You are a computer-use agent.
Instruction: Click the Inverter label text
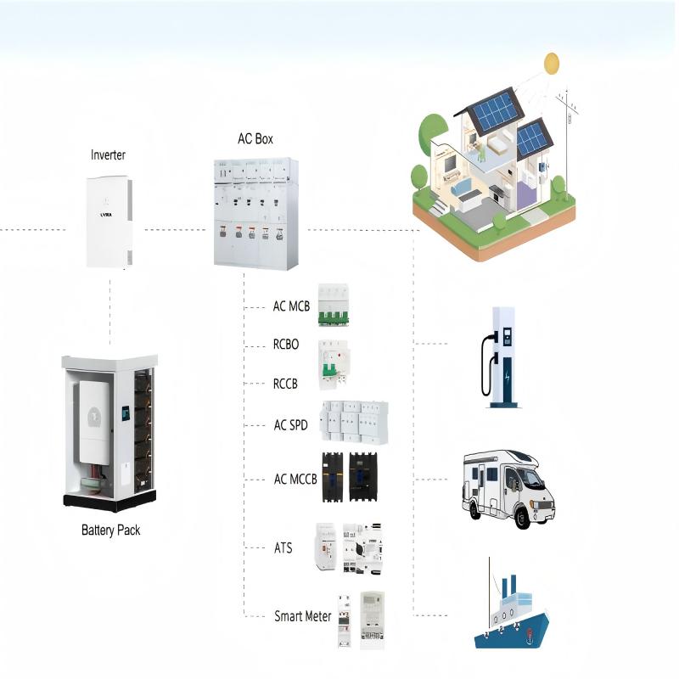(108, 155)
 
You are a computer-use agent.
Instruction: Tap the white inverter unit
(110, 222)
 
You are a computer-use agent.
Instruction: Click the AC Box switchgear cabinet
(255, 213)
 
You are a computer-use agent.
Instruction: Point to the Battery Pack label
(110, 530)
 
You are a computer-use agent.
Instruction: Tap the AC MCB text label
(291, 306)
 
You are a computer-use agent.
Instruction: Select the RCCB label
(285, 384)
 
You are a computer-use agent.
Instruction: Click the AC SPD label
(290, 424)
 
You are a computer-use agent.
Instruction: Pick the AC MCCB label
(295, 479)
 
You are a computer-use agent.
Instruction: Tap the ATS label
(283, 547)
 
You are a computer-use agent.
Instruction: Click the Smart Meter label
(302, 616)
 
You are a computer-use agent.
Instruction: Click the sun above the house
(552, 63)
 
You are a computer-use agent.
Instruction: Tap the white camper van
(508, 487)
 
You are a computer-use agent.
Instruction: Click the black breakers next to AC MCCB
(349, 479)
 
